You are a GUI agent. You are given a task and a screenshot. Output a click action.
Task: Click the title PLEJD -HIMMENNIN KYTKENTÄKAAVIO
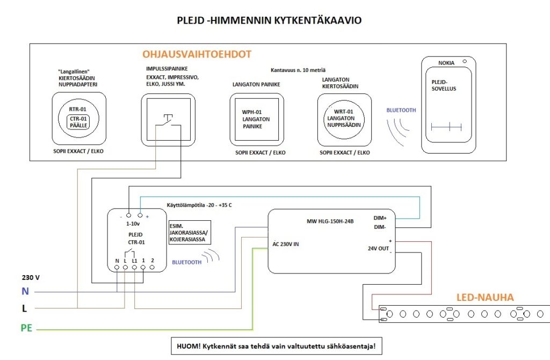click(269, 20)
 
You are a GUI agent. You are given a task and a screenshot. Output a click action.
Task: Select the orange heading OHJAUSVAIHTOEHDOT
click(197, 54)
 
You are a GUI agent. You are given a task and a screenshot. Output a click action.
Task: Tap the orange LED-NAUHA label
click(485, 298)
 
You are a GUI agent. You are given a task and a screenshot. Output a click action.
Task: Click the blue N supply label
click(25, 291)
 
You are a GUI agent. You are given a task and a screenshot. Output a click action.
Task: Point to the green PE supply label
click(27, 328)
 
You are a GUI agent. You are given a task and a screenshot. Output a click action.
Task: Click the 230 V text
click(31, 278)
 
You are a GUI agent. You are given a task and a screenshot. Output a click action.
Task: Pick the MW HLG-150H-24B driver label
click(330, 221)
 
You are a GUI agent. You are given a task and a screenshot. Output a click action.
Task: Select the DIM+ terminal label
click(380, 218)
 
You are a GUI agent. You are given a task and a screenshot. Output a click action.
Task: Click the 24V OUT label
click(378, 248)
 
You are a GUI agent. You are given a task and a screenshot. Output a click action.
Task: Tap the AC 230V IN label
click(286, 244)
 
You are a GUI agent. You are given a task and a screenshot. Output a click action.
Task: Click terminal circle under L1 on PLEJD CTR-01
click(134, 268)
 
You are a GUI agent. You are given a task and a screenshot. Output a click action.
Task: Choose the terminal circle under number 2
click(152, 268)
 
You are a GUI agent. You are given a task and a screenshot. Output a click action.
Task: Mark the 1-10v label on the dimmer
click(133, 224)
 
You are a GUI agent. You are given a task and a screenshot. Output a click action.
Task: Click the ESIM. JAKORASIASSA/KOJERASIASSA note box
click(190, 233)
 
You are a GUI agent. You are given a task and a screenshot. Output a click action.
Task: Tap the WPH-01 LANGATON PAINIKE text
click(256, 119)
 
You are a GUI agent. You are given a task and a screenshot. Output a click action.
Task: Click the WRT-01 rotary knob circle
click(344, 119)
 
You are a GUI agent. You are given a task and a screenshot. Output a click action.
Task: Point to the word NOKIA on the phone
click(446, 63)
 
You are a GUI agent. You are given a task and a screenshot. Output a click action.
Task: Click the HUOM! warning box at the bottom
click(277, 347)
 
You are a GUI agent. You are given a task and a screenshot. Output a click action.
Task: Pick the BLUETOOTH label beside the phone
click(401, 110)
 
